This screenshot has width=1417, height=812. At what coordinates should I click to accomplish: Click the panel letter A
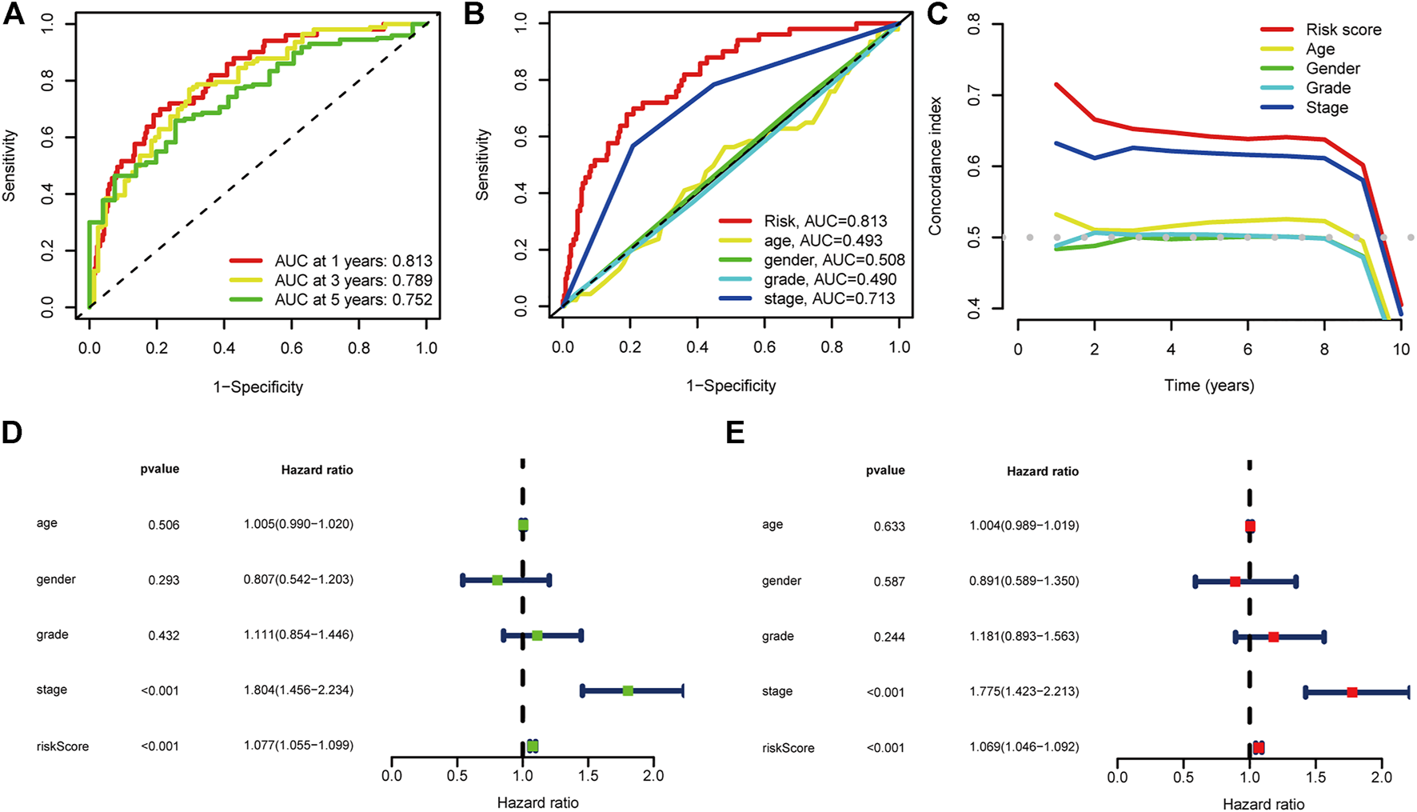[14, 14]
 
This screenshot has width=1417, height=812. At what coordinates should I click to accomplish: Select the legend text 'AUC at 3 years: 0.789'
[353, 281]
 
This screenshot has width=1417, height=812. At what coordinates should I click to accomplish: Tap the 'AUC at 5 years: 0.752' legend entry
[353, 300]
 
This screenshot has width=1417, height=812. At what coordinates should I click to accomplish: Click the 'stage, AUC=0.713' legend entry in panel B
[829, 299]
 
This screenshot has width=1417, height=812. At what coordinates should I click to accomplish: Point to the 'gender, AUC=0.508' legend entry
[834, 260]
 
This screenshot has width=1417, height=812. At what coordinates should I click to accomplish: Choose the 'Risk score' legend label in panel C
[1343, 30]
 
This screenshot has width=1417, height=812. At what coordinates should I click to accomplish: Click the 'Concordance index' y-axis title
[936, 166]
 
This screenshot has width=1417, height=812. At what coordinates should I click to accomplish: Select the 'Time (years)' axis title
[1208, 386]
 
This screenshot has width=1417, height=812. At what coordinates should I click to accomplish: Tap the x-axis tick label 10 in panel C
[1401, 350]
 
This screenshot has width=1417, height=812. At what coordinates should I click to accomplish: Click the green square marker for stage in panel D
[628, 690]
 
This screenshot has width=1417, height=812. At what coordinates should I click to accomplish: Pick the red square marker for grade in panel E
[1273, 637]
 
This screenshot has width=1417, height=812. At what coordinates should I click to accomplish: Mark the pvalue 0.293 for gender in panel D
[163, 580]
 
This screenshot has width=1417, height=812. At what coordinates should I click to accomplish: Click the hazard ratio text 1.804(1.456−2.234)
[298, 690]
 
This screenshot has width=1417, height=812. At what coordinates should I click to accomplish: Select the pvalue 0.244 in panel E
[889, 638]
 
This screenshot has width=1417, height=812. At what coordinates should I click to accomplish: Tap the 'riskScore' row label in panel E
[788, 748]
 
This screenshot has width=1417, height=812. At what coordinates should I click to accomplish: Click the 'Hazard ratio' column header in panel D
[317, 470]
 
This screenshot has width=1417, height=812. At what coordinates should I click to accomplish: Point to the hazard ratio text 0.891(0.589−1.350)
[1024, 582]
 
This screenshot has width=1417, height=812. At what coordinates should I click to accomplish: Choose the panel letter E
[735, 433]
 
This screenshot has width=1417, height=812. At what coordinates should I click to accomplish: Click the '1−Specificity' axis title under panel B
[731, 386]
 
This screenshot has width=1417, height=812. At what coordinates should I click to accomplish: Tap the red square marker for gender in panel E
[1235, 582]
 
